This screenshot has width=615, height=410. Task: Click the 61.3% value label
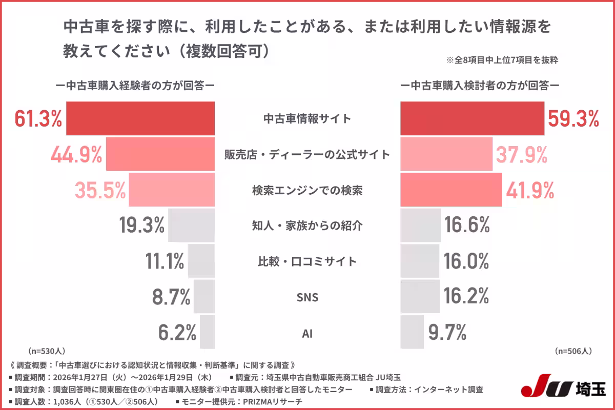point(38,119)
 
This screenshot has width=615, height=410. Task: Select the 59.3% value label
point(573,119)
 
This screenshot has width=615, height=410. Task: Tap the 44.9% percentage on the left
point(76,154)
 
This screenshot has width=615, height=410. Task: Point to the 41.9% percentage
point(530,190)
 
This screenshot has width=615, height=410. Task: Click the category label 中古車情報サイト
point(307,119)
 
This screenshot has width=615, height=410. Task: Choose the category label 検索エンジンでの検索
point(307,190)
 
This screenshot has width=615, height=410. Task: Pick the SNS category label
point(307,298)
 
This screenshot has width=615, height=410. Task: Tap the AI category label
point(307,334)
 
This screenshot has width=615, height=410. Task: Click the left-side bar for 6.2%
point(207,333)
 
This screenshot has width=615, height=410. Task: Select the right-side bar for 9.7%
point(412,333)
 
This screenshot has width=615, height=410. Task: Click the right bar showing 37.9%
point(446,154)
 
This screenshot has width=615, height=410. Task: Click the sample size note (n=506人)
point(573,352)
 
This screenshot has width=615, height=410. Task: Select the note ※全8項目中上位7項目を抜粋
point(502,60)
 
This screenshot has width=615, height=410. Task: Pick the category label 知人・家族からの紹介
point(307,226)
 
